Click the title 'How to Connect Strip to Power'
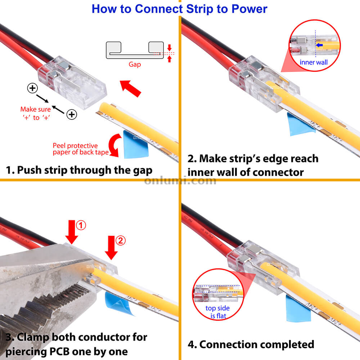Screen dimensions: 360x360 pos(179,9)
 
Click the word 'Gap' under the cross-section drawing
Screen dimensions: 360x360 pos(135,64)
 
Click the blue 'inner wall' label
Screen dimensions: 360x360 pos(314,62)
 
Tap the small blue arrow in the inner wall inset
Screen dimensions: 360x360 pos(319,45)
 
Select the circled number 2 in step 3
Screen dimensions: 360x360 pos(121,240)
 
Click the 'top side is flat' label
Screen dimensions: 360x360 pos(217,312)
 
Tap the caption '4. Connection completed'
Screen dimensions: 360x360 pos(251,344)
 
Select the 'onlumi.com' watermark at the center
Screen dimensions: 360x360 pos(180,180)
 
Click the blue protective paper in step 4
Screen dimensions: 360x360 pos(298,309)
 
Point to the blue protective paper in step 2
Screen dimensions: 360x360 pos(301,124)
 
